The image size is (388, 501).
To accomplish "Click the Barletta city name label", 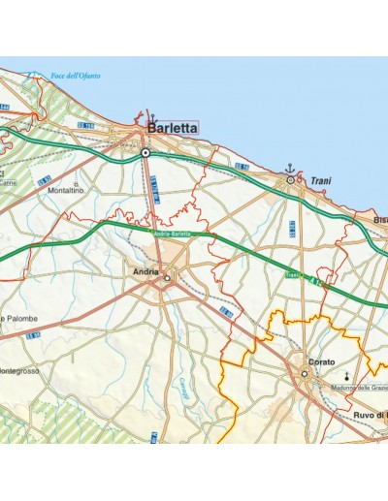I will point(173,127).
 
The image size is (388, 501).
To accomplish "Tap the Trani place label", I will point(321,180).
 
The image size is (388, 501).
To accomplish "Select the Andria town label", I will point(145,271).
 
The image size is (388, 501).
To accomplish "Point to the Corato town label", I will point(321,361).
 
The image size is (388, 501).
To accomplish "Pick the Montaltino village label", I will point(65,189).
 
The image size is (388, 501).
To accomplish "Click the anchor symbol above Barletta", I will point(151,116).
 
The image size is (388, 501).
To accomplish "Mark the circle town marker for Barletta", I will point(145,152).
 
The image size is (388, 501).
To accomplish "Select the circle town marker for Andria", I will point(167,279).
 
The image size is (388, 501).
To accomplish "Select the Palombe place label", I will point(19,318).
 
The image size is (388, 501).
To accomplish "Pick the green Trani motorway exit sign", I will point(292,275).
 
